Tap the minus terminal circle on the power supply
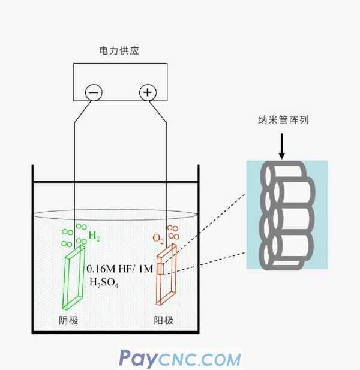click(x=94, y=92)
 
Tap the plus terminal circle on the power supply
click(x=148, y=92)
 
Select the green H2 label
click(x=94, y=237)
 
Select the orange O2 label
click(x=158, y=239)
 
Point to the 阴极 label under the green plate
click(x=70, y=321)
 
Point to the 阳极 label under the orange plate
click(x=164, y=321)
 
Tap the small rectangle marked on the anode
click(x=160, y=269)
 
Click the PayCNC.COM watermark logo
click(x=180, y=358)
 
